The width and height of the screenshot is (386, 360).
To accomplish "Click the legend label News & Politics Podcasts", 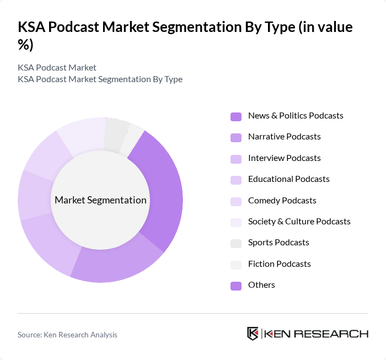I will [296, 116].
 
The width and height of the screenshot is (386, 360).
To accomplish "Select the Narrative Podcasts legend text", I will [284, 137].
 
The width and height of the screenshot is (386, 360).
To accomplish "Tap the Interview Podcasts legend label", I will [284, 158].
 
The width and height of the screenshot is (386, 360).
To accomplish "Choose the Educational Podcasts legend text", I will [288, 179].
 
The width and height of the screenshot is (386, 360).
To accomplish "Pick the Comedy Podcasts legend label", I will [282, 201].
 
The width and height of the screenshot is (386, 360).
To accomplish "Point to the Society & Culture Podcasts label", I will [299, 222].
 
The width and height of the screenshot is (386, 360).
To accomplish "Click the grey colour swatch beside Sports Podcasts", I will [235, 243].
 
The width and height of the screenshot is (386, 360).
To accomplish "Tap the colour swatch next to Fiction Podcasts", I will [235, 265].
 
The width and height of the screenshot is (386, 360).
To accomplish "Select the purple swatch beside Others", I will [235, 286].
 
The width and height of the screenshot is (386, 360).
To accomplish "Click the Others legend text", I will [261, 285].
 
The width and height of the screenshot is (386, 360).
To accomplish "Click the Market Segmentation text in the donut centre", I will [100, 200].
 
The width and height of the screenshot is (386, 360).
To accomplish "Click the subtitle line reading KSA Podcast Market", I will [57, 68].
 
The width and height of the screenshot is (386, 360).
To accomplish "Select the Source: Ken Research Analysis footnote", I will [67, 335].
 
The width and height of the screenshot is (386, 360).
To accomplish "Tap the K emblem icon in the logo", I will [253, 334].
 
